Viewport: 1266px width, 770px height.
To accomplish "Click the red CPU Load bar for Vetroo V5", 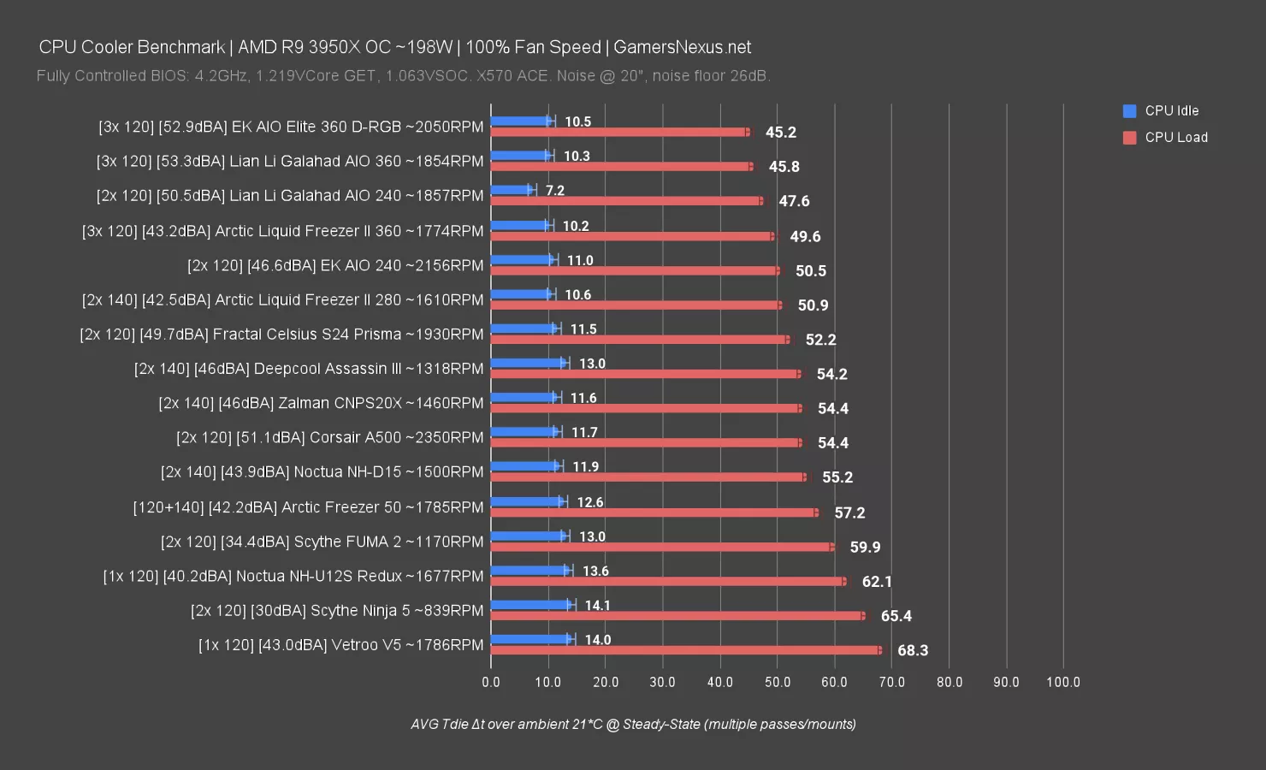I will coord(684,650).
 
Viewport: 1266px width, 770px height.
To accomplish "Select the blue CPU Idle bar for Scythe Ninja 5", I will coord(530,605).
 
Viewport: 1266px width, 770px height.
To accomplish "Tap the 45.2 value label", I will coord(781,133).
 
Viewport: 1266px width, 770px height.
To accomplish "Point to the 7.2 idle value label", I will coord(555,190).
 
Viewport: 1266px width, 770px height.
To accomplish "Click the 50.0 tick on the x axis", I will coord(778,682).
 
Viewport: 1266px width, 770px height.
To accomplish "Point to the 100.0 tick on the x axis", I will coord(1063,682).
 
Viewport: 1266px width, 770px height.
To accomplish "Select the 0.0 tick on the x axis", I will coord(491,682).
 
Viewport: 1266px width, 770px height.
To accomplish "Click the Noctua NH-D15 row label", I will coord(322,472).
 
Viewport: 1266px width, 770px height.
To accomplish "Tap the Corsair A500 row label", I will coord(330,437).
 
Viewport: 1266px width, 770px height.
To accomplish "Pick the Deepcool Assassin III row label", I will coord(309,369).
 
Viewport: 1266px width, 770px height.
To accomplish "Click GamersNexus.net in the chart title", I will coord(683,47).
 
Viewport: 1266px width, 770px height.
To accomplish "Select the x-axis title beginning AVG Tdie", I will coord(633,724).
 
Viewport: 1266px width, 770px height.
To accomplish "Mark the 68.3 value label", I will coord(913,650).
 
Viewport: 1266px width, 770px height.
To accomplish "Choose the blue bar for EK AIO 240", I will coord(523,260).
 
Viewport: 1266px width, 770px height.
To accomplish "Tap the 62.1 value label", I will coord(877,582).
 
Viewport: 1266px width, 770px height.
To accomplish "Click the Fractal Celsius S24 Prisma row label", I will coord(281,335).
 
